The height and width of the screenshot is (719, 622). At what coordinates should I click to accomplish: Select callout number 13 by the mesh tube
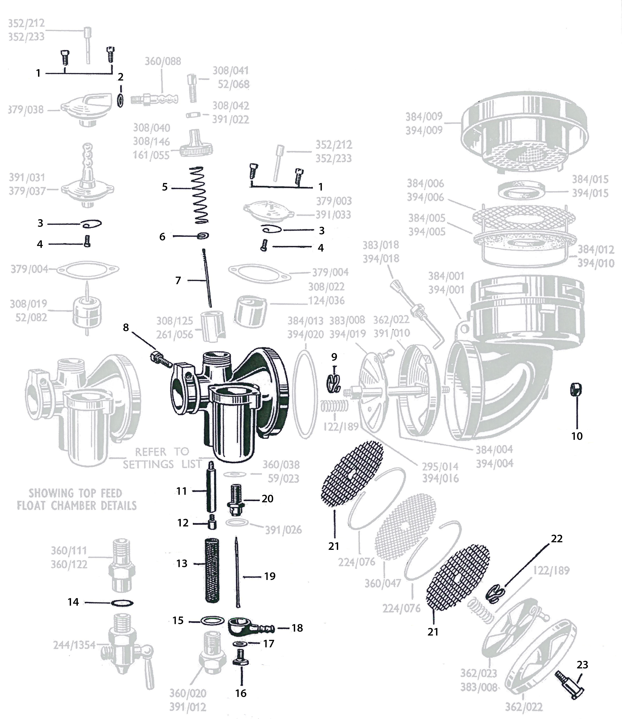182,563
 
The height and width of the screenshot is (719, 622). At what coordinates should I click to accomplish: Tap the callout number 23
582,665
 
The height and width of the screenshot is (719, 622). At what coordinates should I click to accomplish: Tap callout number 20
267,499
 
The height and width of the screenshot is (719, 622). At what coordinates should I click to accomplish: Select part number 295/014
440,466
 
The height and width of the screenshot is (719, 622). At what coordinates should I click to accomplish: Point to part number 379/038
26,110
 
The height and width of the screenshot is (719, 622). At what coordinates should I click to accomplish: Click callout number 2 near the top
121,77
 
